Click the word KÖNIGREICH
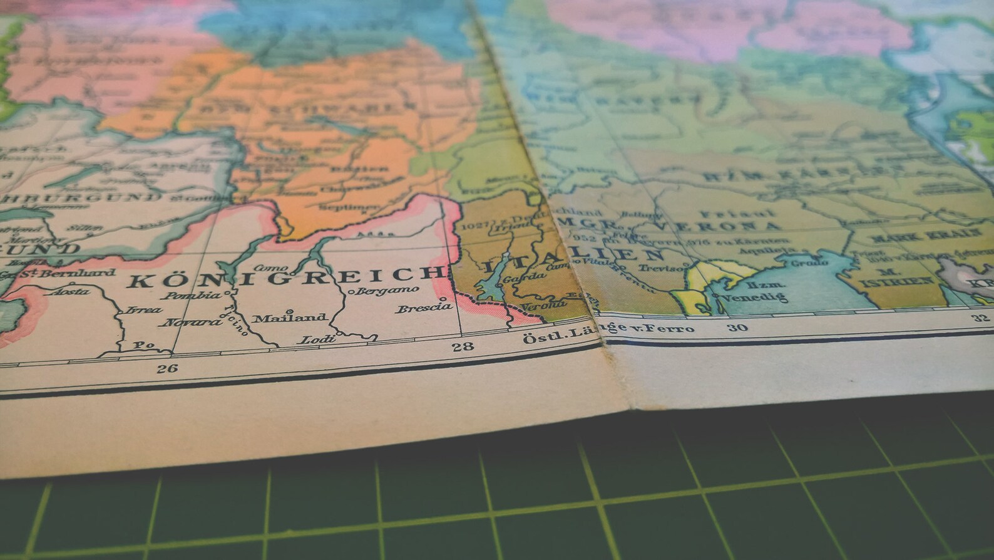point(282,276)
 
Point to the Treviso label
point(661,268)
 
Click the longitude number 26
point(167,368)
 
